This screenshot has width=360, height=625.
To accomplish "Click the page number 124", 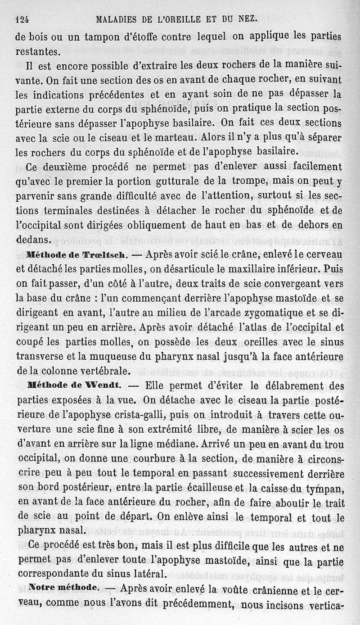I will pyautogui.click(x=22, y=19).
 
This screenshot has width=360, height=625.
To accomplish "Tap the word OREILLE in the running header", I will pyautogui.click(x=178, y=19).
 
